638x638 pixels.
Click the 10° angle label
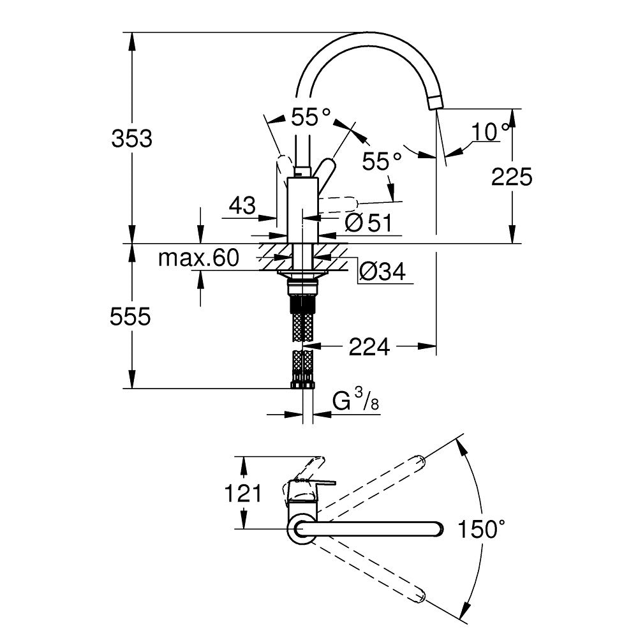coord(491,132)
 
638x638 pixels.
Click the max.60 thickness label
coord(198,258)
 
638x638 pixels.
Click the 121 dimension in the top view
coord(242,493)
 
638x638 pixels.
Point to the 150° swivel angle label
coord(481,529)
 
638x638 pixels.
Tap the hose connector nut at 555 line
coord(302,384)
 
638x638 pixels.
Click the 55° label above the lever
coord(311,117)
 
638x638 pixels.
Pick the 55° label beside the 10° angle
coord(383,161)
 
